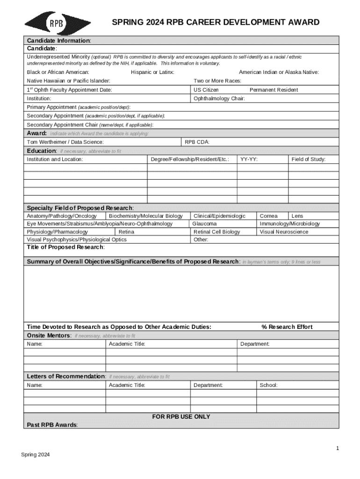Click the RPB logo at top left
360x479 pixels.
coord(58,23)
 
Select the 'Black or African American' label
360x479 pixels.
coord(58,72)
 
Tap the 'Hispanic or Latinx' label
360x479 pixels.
coord(152,72)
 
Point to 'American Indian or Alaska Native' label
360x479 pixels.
coord(279,72)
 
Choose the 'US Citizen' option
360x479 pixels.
coord(206,90)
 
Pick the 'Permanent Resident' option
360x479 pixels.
coord(274,90)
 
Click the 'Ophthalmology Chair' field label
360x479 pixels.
coord(219,99)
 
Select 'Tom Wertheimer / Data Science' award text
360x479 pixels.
coord(65,142)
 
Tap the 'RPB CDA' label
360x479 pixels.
coord(197,142)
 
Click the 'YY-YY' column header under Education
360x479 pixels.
coord(249,160)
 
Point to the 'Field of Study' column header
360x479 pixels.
coord(308,160)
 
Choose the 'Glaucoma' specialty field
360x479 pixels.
coord(205,224)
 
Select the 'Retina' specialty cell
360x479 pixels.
coord(126,232)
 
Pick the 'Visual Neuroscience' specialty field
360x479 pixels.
coord(284,232)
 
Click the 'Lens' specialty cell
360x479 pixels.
coord(297,216)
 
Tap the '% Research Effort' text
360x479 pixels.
coord(287,327)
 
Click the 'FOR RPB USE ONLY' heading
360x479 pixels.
coord(181,417)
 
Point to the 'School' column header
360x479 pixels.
coord(268,385)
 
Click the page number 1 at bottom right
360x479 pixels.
coord(337,449)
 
